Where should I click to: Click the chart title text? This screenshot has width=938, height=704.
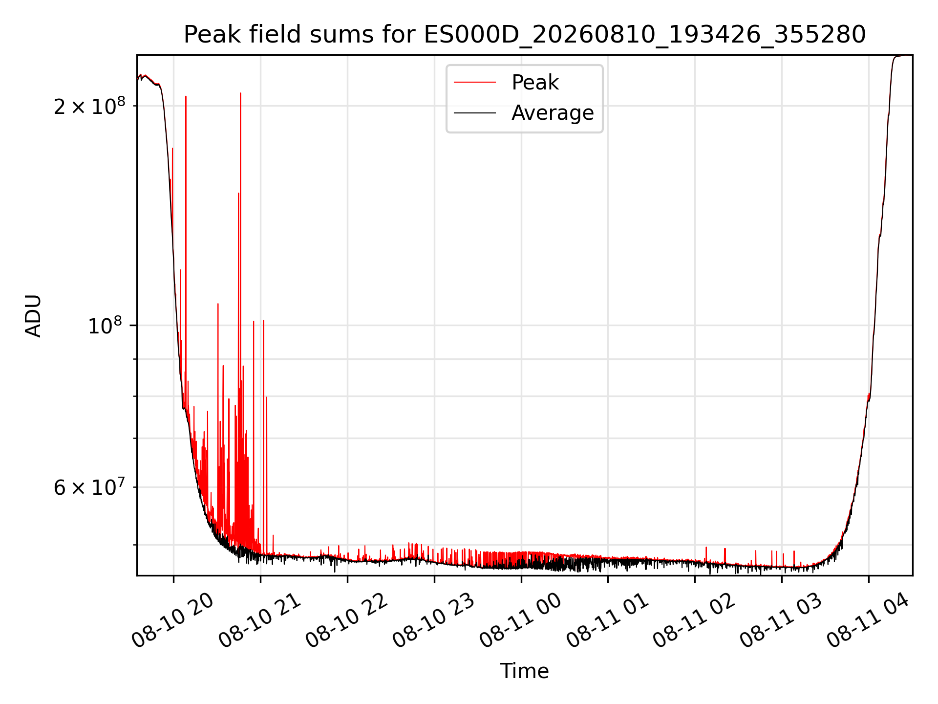(525, 35)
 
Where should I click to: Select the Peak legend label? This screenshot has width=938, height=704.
(535, 83)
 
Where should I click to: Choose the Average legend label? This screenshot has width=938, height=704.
(553, 113)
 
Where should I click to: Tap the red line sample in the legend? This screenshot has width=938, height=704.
(475, 83)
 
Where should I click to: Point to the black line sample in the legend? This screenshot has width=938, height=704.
(475, 113)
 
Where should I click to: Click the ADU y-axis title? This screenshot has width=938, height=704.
(33, 315)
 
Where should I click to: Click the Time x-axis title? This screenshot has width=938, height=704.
(525, 671)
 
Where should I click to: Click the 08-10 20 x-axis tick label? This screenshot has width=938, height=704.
(173, 620)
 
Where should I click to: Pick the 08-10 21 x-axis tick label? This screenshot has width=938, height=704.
(260, 620)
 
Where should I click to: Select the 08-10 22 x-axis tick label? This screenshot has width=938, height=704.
(347, 620)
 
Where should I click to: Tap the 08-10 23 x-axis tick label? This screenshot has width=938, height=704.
(434, 620)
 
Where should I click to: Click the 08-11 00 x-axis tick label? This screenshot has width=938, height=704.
(521, 620)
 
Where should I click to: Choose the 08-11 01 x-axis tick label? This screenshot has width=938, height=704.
(608, 620)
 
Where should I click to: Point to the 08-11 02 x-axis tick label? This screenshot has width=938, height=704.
(695, 620)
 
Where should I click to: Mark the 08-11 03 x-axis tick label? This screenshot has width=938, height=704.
(782, 620)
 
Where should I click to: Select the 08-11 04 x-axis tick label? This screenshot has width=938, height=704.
(869, 620)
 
